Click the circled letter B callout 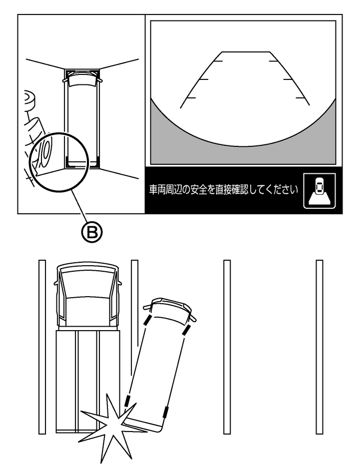(92, 232)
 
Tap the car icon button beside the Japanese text (320, 190)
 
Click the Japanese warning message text (223, 190)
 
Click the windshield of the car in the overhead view (82, 81)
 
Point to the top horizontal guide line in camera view (246, 52)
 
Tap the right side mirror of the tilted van (193, 318)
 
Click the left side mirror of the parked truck (56, 283)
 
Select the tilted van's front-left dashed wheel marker (147, 321)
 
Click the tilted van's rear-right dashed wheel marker (165, 412)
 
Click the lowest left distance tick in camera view (191, 98)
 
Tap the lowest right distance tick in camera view (300, 98)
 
